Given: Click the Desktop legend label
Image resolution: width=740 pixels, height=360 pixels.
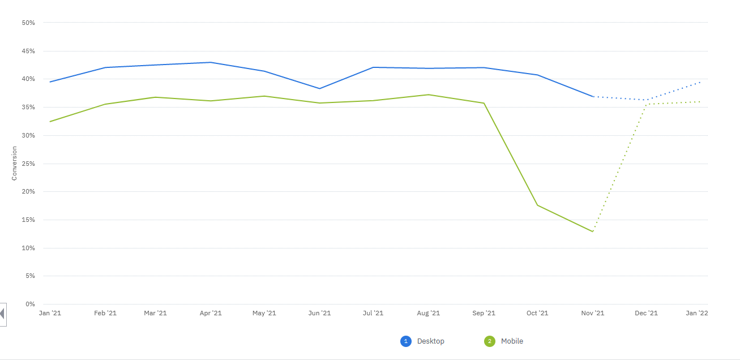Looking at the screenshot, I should point(430,341).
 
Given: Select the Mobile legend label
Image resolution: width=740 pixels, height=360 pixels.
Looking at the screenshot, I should point(512,341).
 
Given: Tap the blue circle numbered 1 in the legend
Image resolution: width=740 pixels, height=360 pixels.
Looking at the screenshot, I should point(405,341).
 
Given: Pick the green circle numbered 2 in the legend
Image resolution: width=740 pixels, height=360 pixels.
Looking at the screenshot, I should point(489,341).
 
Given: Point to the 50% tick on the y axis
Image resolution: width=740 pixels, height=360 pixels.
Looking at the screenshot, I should point(28,23).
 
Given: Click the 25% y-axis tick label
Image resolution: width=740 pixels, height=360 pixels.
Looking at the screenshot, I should point(28,164).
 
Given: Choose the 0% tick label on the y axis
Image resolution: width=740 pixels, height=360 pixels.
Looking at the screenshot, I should point(30,304).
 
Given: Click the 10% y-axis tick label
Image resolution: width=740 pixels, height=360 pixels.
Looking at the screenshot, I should point(28,248).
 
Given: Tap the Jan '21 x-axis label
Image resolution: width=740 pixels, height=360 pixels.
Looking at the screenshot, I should point(50,313).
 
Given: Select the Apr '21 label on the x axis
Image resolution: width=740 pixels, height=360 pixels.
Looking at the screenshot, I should point(211,313).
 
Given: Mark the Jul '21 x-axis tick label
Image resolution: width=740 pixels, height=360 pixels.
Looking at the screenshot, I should point(373,313).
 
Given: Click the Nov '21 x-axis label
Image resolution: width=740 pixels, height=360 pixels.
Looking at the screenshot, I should point(593,313).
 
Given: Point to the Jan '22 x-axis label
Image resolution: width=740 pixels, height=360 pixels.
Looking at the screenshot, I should point(696,313).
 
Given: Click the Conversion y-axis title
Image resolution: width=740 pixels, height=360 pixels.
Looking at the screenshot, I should point(14,164).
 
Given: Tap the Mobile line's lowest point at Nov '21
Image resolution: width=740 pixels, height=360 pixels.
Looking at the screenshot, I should point(593,232).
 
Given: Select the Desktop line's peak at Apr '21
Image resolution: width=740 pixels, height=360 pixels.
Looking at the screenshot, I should point(211,62).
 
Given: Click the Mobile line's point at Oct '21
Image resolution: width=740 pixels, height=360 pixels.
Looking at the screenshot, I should point(538,205).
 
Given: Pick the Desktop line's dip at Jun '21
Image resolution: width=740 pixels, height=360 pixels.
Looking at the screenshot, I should point(319,88).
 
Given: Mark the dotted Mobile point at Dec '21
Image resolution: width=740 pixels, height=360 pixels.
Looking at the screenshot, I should point(646,104).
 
